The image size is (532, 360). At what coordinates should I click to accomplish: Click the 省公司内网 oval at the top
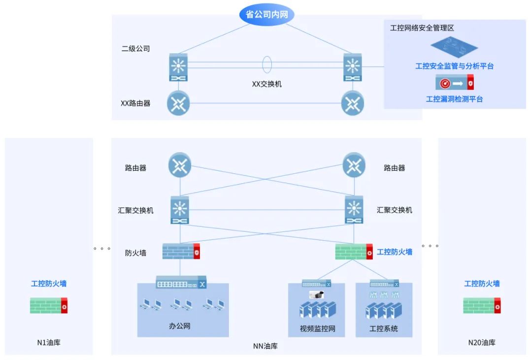[266, 14]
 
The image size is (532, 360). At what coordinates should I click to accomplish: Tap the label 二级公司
[135, 49]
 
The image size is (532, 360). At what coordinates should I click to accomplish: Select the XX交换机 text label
[267, 84]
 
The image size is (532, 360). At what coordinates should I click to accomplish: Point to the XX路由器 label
[135, 103]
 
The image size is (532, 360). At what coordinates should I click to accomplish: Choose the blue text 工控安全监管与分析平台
[454, 66]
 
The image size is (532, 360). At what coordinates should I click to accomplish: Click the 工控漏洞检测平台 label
[454, 99]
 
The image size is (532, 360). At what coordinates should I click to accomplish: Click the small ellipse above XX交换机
[267, 65]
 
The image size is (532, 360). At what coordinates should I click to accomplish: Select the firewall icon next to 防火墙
[181, 252]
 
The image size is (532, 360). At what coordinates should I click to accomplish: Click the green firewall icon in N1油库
[48, 305]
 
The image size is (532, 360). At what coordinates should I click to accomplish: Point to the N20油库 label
[482, 343]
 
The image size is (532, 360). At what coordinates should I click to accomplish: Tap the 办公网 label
[179, 326]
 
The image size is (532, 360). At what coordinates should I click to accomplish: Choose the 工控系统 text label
[384, 328]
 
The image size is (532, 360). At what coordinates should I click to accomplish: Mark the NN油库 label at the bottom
[266, 346]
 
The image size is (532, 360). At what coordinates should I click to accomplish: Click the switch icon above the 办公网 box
[181, 283]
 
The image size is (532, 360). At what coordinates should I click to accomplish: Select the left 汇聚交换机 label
[135, 210]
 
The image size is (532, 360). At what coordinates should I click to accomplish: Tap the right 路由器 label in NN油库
[394, 168]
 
